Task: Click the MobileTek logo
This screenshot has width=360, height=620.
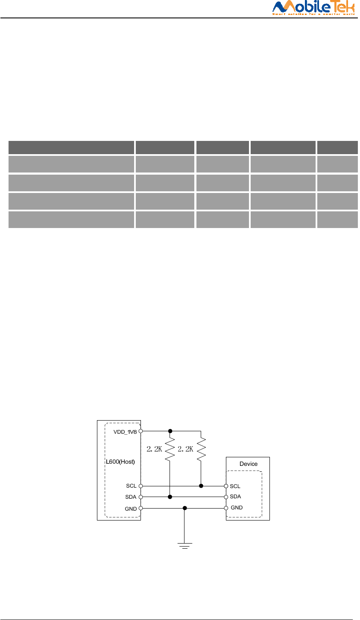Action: [313, 8]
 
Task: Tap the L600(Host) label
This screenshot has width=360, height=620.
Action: [120, 462]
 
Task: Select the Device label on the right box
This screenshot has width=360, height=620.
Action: [249, 464]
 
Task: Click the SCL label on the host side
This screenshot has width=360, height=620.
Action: [131, 486]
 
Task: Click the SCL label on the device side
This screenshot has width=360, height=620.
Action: [235, 486]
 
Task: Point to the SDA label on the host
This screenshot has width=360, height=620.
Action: [131, 497]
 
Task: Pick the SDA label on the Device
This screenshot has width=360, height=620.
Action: [235, 497]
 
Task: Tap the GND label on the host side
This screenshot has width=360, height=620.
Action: [131, 508]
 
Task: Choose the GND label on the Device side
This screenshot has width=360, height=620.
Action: [237, 508]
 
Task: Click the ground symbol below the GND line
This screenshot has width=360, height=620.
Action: [184, 545]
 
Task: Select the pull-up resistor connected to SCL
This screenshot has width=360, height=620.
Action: [201, 449]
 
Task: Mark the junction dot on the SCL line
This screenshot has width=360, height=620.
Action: [201, 486]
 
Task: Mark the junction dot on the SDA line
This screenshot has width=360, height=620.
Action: [170, 497]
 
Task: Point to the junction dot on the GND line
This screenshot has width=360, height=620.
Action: [184, 508]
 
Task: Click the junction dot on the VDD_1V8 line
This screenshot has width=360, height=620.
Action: [170, 431]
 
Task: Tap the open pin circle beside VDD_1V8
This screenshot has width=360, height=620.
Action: [140, 431]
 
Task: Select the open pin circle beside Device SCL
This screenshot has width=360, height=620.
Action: [226, 486]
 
